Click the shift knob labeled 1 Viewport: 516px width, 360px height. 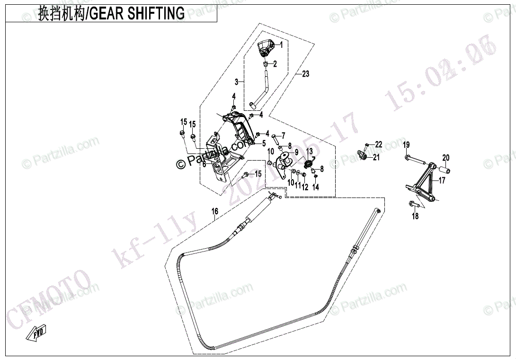tap(267, 47)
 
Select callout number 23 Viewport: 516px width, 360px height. tap(305, 74)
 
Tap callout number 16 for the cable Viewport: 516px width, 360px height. tap(215, 212)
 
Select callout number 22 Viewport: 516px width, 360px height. tap(378, 144)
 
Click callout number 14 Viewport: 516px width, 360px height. tap(316, 187)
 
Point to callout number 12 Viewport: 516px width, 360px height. tap(305, 187)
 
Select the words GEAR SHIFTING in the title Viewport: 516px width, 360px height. tap(137, 14)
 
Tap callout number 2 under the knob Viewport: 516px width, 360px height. tap(275, 63)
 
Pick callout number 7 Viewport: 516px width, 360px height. tap(283, 135)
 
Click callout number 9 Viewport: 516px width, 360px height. tap(296, 152)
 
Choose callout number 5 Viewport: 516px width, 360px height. tap(264, 143)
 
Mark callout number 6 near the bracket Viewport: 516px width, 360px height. tap(204, 164)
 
